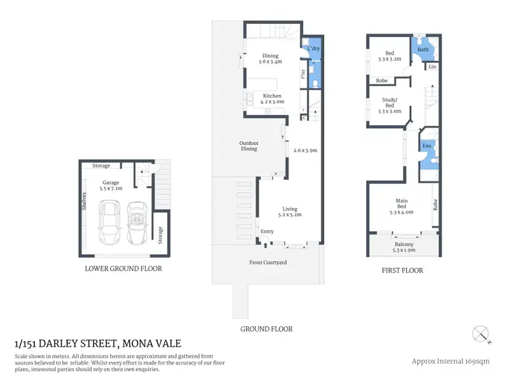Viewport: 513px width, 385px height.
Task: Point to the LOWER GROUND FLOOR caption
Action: (123, 269)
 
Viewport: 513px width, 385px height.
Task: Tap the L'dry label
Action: (313, 49)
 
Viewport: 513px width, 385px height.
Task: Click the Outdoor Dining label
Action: (248, 146)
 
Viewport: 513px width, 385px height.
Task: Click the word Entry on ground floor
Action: (267, 232)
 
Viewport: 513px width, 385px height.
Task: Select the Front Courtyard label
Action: (267, 263)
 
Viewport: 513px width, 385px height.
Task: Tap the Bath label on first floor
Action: (423, 49)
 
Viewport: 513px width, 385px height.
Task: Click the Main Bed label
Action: (402, 204)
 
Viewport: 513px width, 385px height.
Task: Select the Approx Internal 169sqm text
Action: (454, 361)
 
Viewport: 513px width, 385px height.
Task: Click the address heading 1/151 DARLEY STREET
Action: (98, 344)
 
